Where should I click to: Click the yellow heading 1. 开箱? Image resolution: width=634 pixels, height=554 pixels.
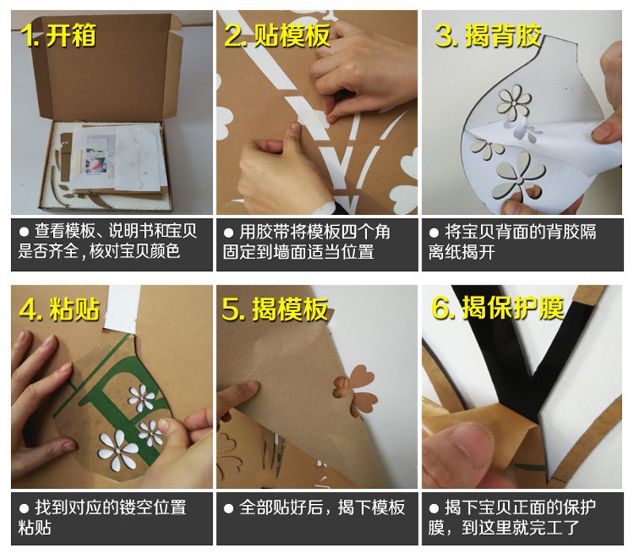click(58, 35)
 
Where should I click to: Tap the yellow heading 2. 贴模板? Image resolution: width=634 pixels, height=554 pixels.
click(277, 35)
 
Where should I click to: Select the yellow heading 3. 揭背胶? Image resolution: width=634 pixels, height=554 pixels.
click(488, 35)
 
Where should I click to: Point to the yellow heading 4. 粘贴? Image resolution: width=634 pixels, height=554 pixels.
click(59, 309)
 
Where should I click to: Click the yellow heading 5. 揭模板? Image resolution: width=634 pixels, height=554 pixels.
click(275, 309)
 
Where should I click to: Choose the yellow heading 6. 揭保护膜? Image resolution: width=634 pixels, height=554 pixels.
click(498, 308)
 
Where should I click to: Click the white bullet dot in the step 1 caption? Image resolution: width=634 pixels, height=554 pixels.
click(24, 231)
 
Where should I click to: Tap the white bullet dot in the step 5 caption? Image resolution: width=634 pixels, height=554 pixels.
click(228, 508)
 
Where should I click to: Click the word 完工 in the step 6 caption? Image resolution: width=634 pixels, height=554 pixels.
click(546, 527)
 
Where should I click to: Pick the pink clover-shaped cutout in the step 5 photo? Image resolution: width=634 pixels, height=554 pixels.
click(356, 391)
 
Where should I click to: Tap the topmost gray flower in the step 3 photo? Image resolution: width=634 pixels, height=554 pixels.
click(514, 102)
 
